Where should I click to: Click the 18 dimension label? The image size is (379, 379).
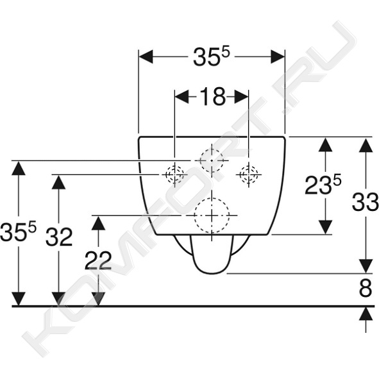tap(213, 97)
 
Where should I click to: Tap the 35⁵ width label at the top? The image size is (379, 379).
tap(211, 57)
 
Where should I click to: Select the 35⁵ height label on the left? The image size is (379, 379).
tap(18, 232)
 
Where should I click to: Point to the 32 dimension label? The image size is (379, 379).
tap(59, 237)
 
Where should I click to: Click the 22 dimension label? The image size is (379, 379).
tap(98, 260)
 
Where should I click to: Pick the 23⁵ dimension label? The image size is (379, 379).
tap(323, 185)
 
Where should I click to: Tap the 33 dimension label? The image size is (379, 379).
tap(365, 202)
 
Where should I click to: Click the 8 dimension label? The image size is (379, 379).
tap(366, 288)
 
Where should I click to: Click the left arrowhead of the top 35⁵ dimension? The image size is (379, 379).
tap(146, 57)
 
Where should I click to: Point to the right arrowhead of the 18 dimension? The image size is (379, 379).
tap(241, 97)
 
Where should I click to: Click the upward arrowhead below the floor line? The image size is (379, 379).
tap(366, 314)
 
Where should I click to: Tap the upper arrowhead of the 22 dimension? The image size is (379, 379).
tap(98, 223)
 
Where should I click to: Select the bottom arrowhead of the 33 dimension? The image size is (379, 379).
tap(366, 266)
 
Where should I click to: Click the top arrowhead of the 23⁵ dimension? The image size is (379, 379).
tap(325, 145)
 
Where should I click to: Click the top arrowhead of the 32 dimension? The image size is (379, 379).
tap(59, 182)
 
